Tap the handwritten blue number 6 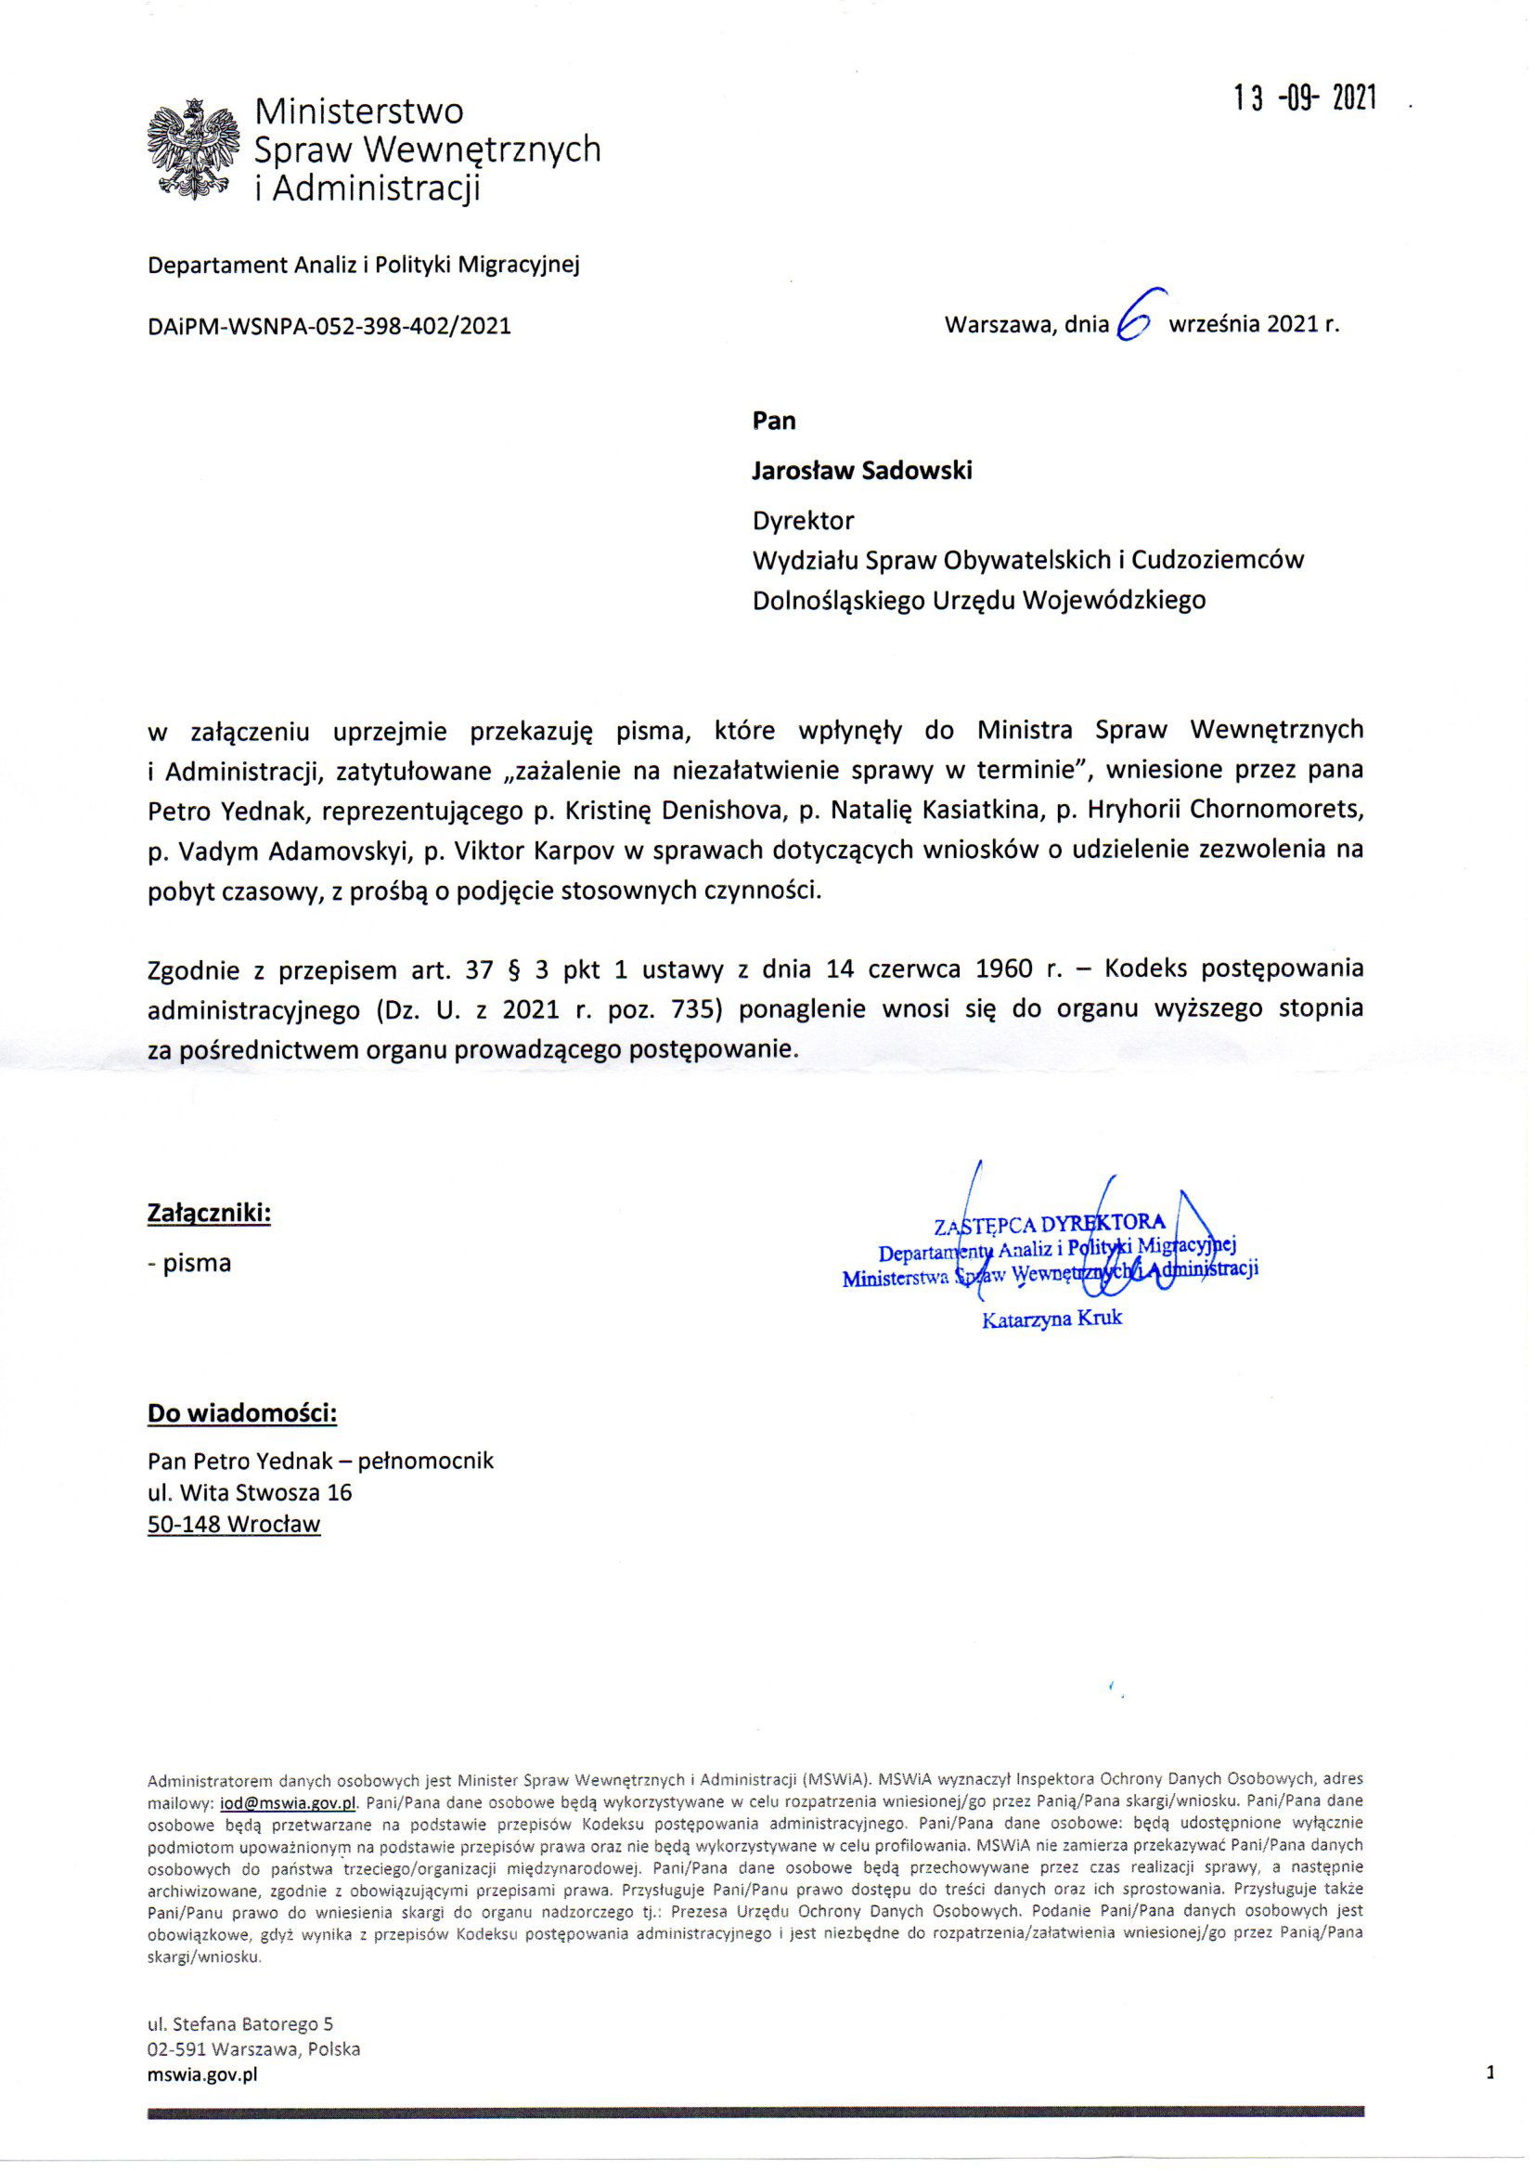(1132, 322)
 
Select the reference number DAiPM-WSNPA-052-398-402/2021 (329, 326)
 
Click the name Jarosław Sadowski (861, 470)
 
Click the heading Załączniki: (210, 1212)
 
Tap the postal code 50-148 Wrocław (234, 1523)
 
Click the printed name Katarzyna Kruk (1052, 1319)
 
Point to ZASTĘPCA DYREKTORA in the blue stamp (1050, 1226)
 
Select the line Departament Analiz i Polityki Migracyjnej (363, 265)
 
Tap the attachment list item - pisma (189, 1262)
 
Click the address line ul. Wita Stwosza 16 (250, 1492)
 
